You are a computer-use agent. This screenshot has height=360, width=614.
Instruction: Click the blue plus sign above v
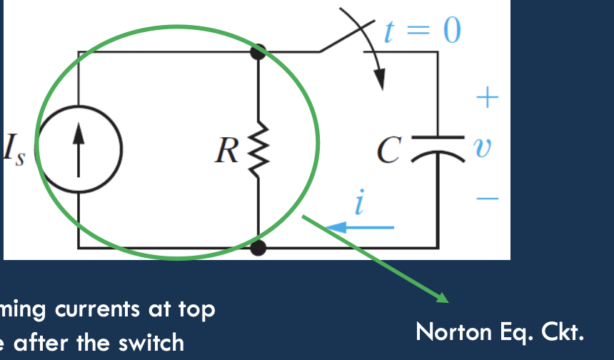pyautogui.click(x=486, y=97)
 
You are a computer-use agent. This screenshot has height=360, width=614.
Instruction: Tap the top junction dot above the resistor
pyautogui.click(x=258, y=51)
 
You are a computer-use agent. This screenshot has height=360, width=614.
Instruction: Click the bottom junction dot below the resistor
pyautogui.click(x=258, y=248)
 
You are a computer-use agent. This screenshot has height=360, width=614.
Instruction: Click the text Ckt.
pyautogui.click(x=564, y=332)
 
